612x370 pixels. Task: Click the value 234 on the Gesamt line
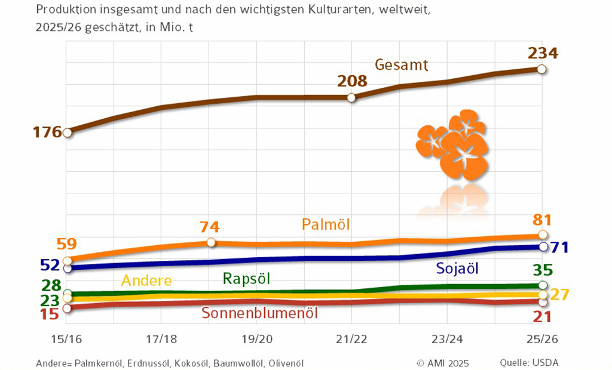(543, 54)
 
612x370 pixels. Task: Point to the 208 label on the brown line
(353, 81)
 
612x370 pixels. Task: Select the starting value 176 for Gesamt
(48, 132)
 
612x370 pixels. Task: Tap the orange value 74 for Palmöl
(210, 227)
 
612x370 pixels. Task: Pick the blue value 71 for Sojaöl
(563, 246)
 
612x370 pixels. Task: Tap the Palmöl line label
(326, 225)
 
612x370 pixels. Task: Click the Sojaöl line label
(457, 269)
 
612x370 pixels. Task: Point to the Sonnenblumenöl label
(259, 313)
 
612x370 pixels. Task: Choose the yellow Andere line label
(146, 280)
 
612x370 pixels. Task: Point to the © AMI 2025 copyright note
(443, 362)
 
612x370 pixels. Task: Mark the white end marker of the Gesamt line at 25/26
(541, 69)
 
